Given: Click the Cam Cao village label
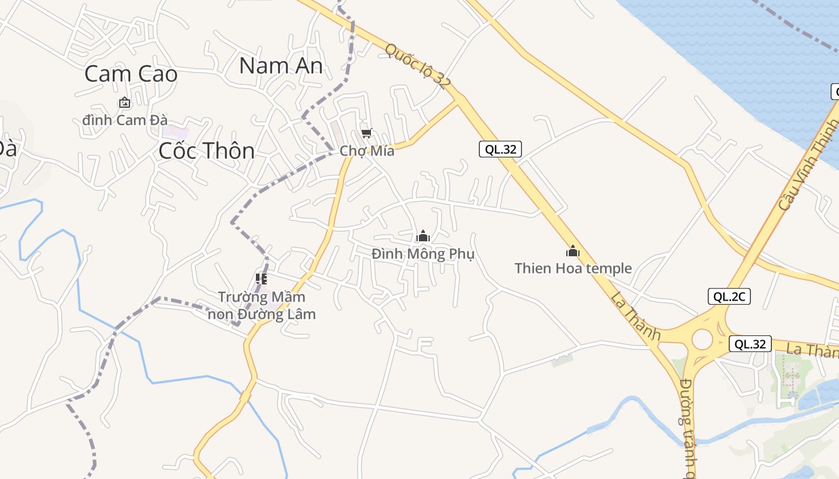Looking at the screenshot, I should point(131,74).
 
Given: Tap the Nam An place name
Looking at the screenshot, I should point(280,65).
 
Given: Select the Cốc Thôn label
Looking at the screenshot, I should point(207,150).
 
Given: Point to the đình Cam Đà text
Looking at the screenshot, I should point(125,120).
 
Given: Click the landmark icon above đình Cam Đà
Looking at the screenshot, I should point(124,103).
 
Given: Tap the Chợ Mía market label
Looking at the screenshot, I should point(367,151).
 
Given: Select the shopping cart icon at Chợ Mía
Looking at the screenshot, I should point(366,133).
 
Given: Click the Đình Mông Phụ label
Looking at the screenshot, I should point(423,254).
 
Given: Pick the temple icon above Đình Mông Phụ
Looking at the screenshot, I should point(423,236).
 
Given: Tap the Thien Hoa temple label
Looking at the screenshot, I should point(573,268).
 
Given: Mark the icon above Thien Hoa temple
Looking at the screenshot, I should point(573,251).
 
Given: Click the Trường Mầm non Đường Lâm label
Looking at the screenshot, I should point(261,305).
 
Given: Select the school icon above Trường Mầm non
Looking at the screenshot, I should point(261,278).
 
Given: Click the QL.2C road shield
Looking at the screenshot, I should point(729,296).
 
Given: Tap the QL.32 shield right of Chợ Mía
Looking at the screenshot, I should point(500,149).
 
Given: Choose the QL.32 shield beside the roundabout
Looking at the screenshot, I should point(750,344).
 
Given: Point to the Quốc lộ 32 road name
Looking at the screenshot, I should point(417,66).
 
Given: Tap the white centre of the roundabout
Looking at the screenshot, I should point(702,339).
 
